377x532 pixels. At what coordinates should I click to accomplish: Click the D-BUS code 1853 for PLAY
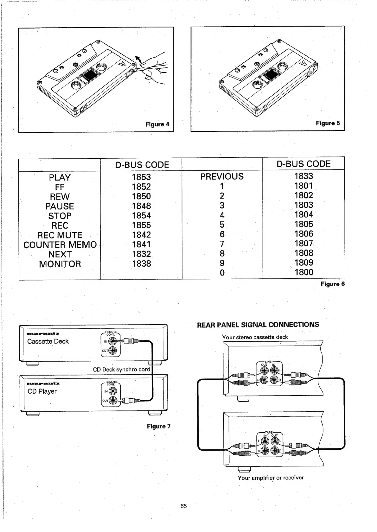pyautogui.click(x=141, y=177)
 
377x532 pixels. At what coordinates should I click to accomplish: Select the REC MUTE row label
pyautogui.click(x=60, y=235)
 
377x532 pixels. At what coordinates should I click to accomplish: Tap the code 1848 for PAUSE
pyautogui.click(x=141, y=206)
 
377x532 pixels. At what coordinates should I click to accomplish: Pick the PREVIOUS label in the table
pyautogui.click(x=222, y=176)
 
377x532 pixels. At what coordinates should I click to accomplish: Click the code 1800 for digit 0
pyautogui.click(x=304, y=272)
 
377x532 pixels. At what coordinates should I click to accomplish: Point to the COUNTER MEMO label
pyautogui.click(x=60, y=245)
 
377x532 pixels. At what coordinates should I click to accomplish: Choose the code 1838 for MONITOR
pyautogui.click(x=141, y=263)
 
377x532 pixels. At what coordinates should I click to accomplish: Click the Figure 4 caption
pyautogui.click(x=157, y=124)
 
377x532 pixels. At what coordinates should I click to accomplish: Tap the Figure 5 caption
pyautogui.click(x=328, y=123)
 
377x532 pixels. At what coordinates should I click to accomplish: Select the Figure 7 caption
pyautogui.click(x=158, y=426)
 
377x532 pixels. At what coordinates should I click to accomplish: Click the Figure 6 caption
pyautogui.click(x=332, y=284)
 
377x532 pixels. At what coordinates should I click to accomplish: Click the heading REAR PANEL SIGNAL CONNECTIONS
pyautogui.click(x=258, y=325)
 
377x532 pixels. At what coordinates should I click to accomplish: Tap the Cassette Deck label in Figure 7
pyautogui.click(x=48, y=341)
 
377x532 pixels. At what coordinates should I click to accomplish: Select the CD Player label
pyautogui.click(x=42, y=391)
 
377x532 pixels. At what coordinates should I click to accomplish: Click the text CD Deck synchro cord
pyautogui.click(x=121, y=370)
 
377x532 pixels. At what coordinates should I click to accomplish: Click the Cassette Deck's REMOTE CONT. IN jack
pyautogui.click(x=112, y=341)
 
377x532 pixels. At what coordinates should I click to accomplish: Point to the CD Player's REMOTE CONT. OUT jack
pyautogui.click(x=113, y=401)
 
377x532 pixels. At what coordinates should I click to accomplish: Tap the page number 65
pyautogui.click(x=184, y=506)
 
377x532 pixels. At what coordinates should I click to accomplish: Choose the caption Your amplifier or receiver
pyautogui.click(x=271, y=478)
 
